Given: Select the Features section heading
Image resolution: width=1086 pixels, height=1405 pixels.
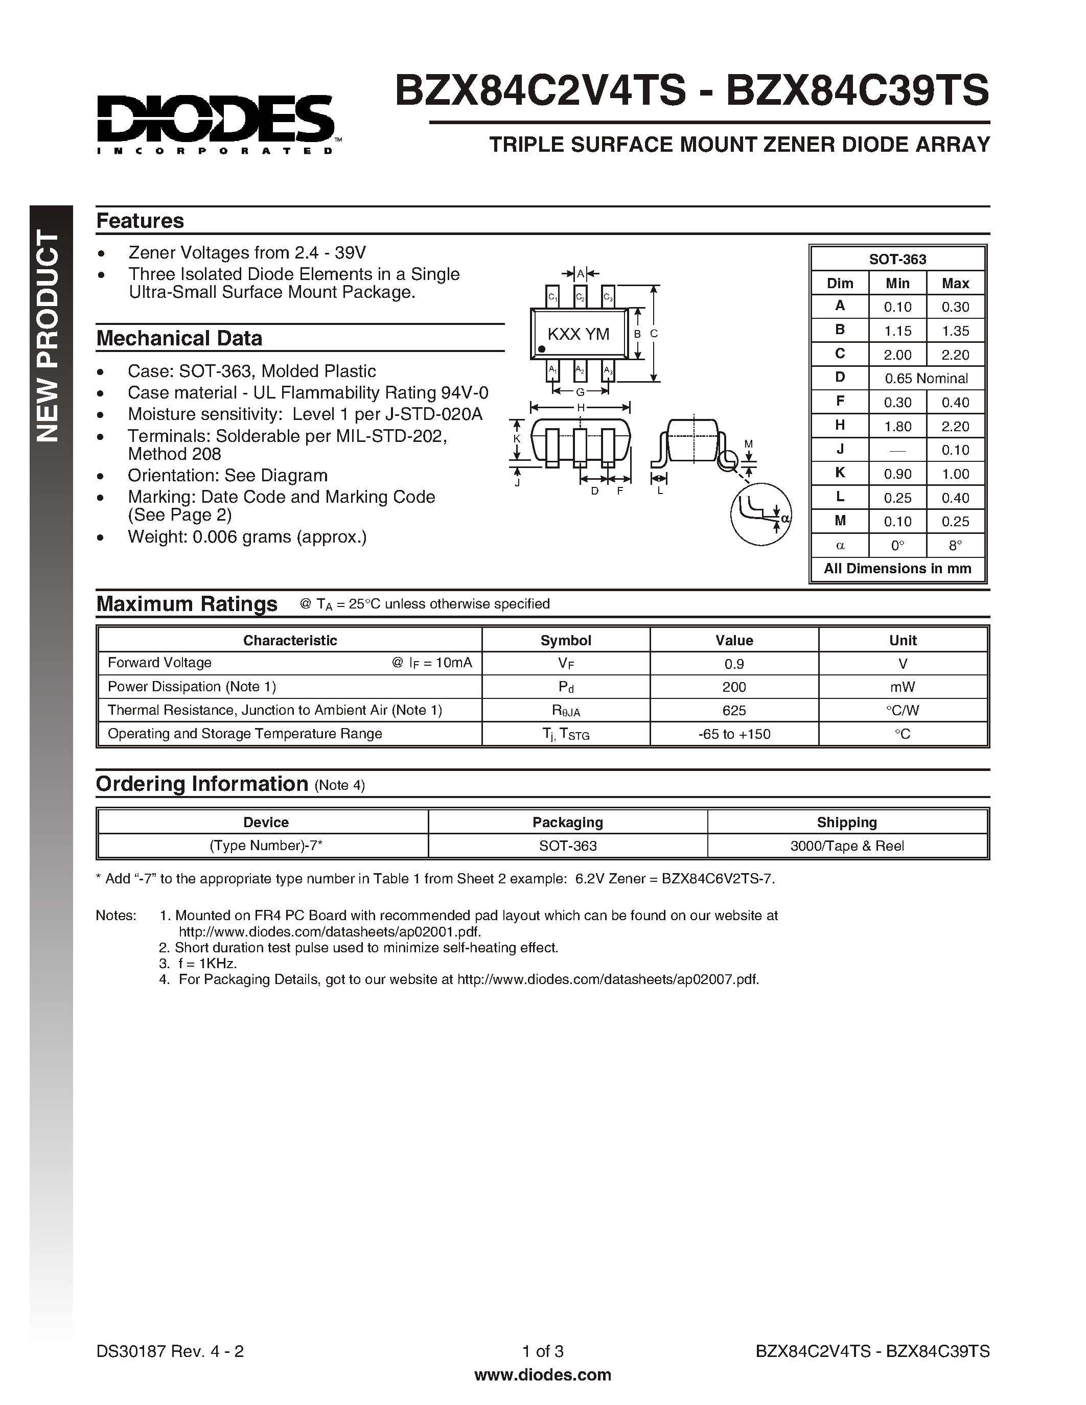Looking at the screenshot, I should tap(140, 221).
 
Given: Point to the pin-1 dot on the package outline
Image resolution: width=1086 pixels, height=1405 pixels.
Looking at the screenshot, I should tap(542, 348).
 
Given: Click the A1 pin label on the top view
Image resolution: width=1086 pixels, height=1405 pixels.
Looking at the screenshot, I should tap(552, 370).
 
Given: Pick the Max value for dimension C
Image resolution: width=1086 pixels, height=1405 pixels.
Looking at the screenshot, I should tap(955, 355).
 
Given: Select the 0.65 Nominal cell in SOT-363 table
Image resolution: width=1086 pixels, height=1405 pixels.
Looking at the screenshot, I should tap(926, 378).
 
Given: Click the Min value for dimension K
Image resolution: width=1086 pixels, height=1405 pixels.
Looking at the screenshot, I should tap(897, 474).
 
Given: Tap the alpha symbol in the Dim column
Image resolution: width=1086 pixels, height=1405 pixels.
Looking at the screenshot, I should tap(840, 546).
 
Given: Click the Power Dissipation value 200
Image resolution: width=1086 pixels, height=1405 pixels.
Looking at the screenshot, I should tap(733, 687).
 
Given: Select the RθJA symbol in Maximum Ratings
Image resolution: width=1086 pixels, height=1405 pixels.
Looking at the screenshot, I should tap(566, 711).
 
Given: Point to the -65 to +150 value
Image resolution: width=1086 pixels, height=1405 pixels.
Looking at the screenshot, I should tap(733, 734).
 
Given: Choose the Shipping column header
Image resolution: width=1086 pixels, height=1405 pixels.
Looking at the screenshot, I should tap(847, 822).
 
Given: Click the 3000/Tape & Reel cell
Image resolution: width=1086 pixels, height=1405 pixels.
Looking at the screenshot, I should tap(847, 846).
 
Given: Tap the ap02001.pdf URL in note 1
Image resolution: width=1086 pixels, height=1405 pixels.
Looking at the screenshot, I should tap(330, 931).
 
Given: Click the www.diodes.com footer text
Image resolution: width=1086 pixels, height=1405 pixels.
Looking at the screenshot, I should tap(542, 1375).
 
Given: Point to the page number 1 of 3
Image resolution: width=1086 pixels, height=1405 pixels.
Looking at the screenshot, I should tap(542, 1351).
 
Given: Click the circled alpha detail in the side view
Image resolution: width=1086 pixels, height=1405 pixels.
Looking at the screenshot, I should tap(760, 514).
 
